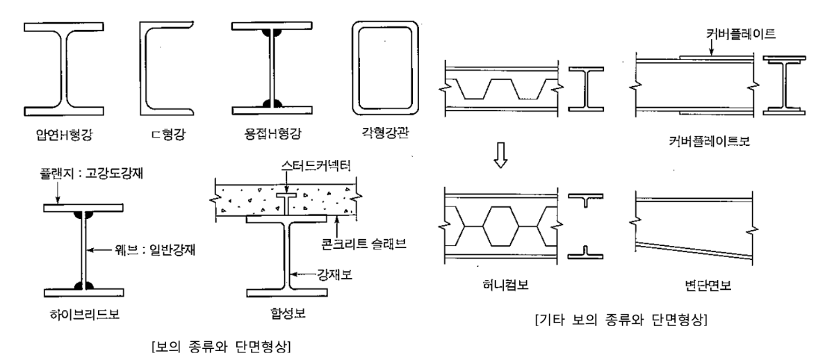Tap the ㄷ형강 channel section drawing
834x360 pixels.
click(x=147, y=67)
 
